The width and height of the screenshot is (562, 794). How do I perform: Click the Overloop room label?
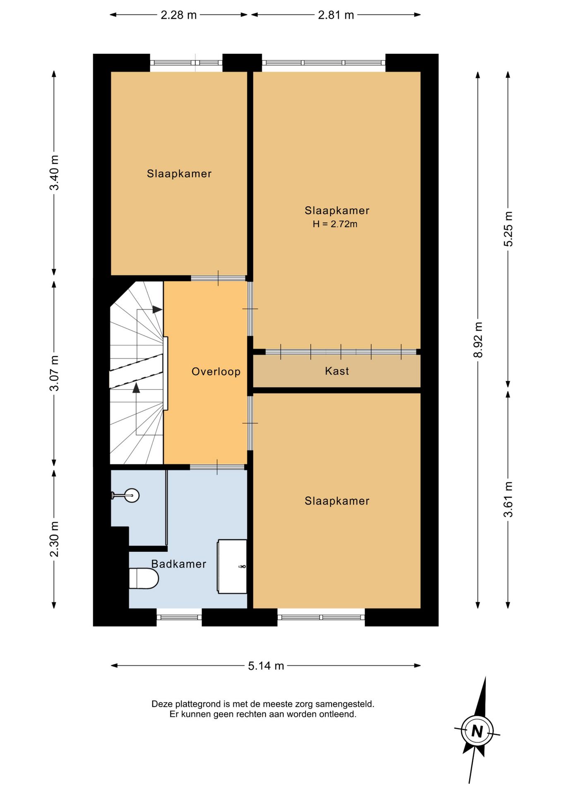pyautogui.click(x=216, y=371)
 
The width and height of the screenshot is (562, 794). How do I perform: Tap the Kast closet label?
pyautogui.click(x=337, y=371)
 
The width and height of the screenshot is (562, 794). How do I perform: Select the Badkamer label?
pyautogui.click(x=178, y=564)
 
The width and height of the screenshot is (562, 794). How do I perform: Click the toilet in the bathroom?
pyautogui.click(x=144, y=578)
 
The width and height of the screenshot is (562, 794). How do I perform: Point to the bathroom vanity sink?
pyautogui.click(x=232, y=566)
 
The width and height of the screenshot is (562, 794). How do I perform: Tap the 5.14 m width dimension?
pyautogui.click(x=266, y=665)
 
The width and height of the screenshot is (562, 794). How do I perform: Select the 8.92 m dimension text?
pyautogui.click(x=478, y=340)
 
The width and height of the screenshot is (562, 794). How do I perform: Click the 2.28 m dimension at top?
pyautogui.click(x=178, y=15)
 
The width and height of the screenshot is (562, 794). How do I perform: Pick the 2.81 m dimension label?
pyautogui.click(x=336, y=15)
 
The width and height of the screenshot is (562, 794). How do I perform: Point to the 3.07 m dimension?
pyautogui.click(x=54, y=373)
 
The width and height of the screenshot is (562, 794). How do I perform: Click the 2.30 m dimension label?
pyautogui.click(x=54, y=539)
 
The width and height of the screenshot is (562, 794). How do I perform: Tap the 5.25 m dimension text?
pyautogui.click(x=508, y=229)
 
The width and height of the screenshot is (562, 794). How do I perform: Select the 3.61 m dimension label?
pyautogui.click(x=508, y=499)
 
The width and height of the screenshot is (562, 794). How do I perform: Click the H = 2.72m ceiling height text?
pyautogui.click(x=335, y=224)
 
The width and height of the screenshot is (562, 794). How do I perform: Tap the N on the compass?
pyautogui.click(x=477, y=731)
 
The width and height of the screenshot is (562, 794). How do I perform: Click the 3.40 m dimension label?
pyautogui.click(x=54, y=172)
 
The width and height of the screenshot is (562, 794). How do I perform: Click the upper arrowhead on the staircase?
pyautogui.click(x=157, y=309)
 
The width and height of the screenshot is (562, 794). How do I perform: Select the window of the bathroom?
pyautogui.click(x=179, y=617)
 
